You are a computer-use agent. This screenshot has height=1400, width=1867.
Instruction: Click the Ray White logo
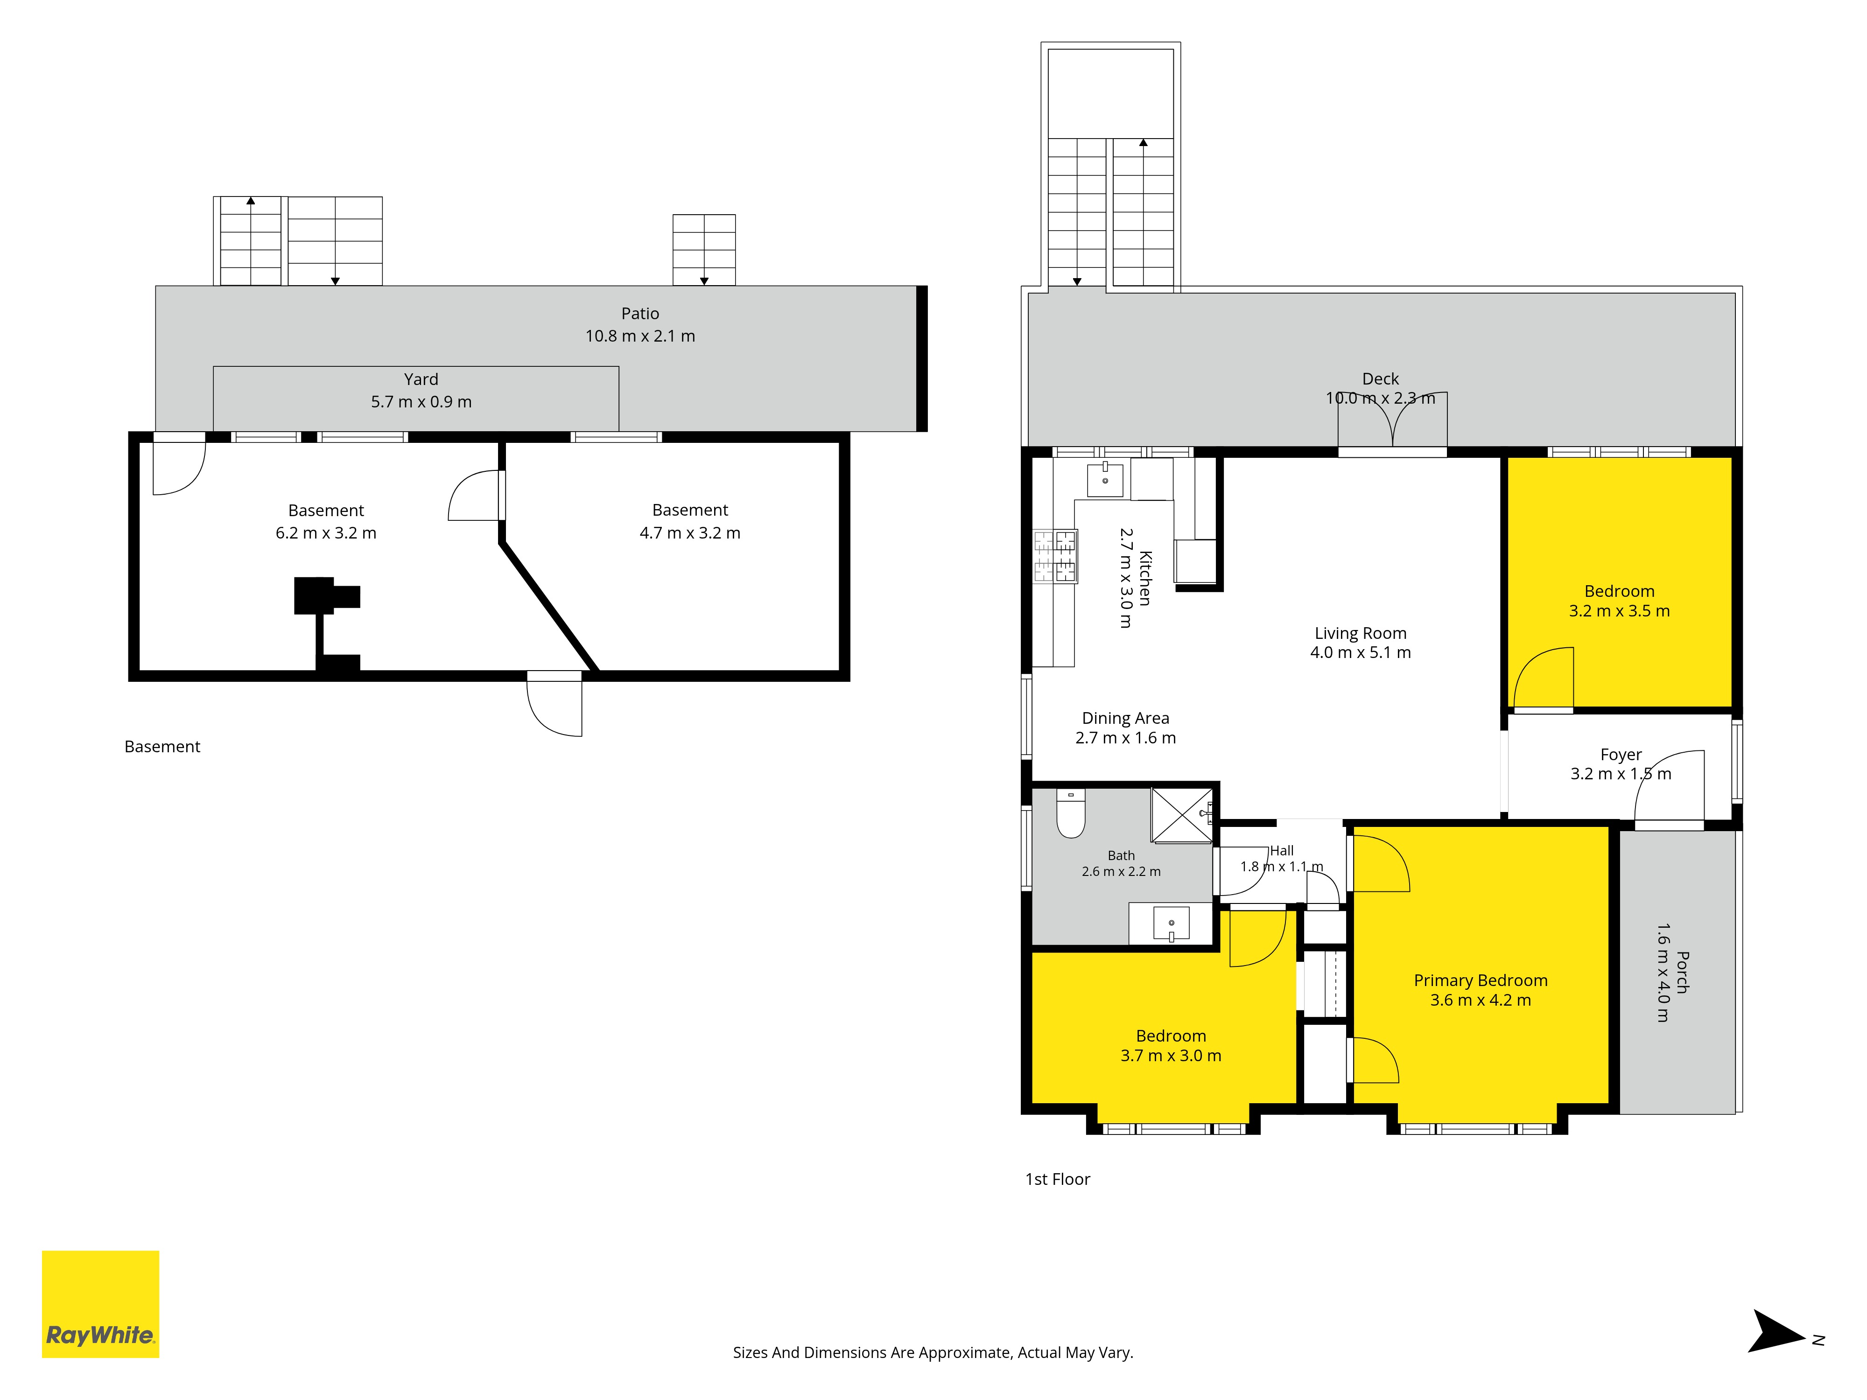tap(100, 1304)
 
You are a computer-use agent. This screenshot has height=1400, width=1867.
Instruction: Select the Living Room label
tap(1361, 633)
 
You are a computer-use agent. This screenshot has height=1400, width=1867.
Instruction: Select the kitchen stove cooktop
tap(1055, 556)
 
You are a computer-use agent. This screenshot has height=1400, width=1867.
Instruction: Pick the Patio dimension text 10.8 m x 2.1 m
tap(641, 336)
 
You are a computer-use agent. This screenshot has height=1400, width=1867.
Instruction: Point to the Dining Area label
tap(1126, 718)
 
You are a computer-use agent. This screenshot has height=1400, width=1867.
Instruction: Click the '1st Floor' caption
tap(1058, 1179)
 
